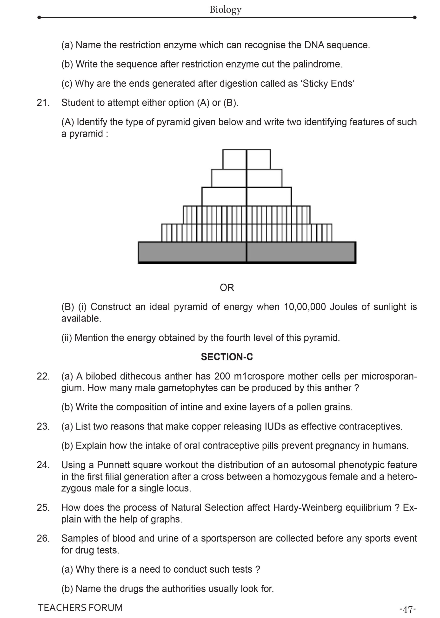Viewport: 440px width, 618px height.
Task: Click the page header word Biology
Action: click(225, 9)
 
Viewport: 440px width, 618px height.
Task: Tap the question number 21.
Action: click(43, 103)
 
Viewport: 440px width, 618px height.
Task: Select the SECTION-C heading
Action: click(227, 357)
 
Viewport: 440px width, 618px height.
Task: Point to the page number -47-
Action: click(407, 610)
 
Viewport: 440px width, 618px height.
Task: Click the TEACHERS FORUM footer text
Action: click(80, 607)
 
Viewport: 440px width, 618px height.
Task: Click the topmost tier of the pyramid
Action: click(247, 159)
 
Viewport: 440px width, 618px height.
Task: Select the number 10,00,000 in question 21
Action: click(305, 307)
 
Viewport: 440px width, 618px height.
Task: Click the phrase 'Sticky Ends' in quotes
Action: click(328, 84)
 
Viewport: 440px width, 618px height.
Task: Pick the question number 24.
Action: click(43, 465)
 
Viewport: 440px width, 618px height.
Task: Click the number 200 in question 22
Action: click(222, 376)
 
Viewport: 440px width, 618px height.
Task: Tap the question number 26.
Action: click(43, 538)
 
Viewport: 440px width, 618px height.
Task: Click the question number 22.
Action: click(43, 376)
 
